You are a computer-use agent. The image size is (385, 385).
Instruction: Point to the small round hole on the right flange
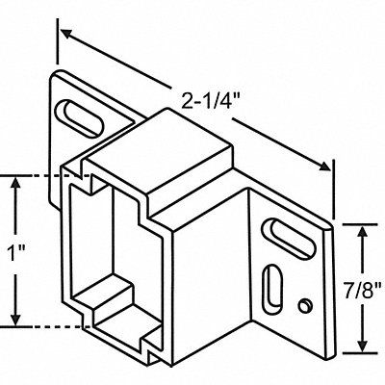click(x=303, y=306)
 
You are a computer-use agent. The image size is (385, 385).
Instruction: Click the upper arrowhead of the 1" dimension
click(x=13, y=182)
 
